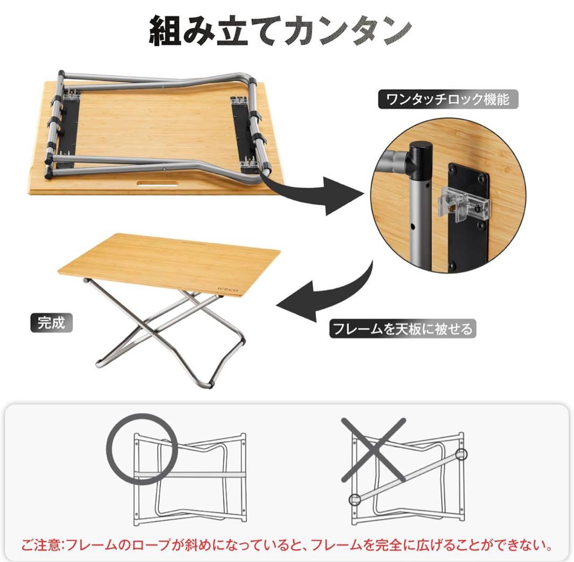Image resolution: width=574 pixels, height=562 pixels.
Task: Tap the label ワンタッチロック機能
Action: coord(448,100)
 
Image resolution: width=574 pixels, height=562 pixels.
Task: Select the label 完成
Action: coord(51,323)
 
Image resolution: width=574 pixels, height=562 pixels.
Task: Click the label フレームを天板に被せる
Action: coord(401,328)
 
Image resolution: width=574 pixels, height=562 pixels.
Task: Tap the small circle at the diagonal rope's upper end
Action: coord(460,454)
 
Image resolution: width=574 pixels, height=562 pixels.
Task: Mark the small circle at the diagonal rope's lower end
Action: coord(354,499)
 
